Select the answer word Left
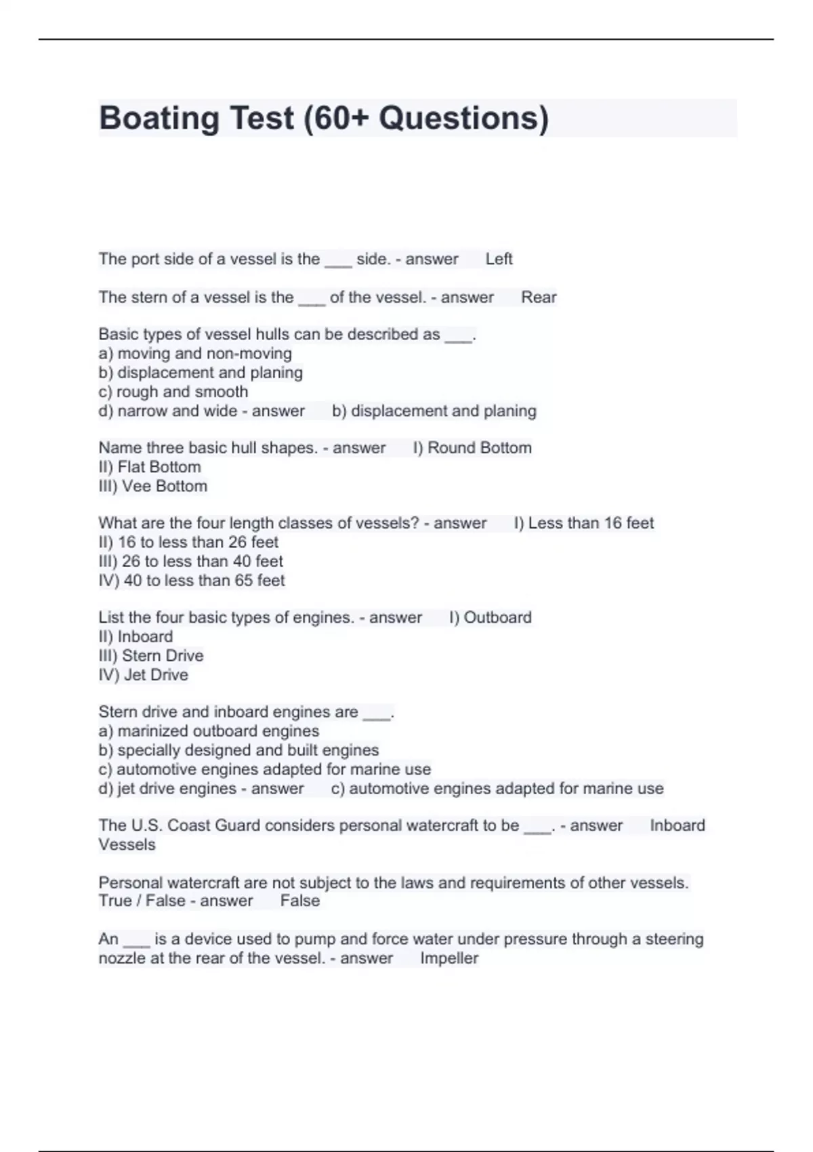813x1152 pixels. [499, 259]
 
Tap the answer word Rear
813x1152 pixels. [539, 297]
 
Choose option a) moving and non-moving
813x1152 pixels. [195, 354]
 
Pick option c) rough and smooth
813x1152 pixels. [173, 392]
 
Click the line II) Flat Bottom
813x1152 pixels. [150, 467]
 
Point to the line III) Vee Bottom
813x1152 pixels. [153, 486]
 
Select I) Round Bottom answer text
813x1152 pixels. [472, 448]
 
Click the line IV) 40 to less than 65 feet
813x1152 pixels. [192, 581]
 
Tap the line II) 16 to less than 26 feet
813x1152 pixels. [188, 542]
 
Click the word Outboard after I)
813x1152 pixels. [497, 617]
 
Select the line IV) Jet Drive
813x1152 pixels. [144, 675]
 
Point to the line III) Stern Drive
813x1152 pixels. [151, 656]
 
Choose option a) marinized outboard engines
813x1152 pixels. [209, 731]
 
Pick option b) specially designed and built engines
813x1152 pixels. [238, 750]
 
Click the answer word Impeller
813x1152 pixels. [449, 958]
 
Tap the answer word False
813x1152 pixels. [299, 901]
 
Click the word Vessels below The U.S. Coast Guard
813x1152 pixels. [127, 844]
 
